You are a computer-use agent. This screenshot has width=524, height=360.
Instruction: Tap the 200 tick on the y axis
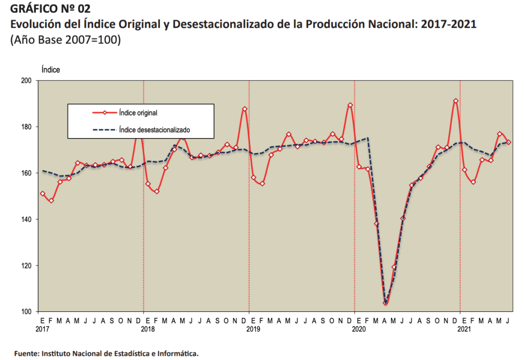[x=27, y=81]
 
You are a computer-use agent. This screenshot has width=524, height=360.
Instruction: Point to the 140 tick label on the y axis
[x=27, y=219]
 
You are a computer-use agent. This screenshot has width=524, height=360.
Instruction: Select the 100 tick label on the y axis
[x=27, y=312]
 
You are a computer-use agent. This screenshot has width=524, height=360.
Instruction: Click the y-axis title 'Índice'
[x=51, y=70]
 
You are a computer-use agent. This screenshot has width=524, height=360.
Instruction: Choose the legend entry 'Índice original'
[x=141, y=112]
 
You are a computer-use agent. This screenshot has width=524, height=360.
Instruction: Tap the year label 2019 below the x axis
[x=253, y=329]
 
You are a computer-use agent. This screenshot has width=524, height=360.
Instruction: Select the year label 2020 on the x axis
[x=359, y=329]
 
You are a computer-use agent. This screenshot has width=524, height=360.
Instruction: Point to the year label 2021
[x=464, y=329]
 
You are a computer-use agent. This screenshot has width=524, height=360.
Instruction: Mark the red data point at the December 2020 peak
[x=455, y=101]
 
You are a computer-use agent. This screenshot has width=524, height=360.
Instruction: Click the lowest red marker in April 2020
[x=385, y=303]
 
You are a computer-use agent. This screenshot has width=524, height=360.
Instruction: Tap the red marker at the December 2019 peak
[x=350, y=105]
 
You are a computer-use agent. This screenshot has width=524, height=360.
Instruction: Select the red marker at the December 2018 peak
[x=245, y=109]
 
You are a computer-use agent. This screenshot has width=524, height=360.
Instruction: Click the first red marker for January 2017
[x=42, y=194]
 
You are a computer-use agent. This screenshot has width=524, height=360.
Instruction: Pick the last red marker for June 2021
[x=509, y=142]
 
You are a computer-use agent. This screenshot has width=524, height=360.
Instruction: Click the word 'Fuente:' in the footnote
[x=26, y=353]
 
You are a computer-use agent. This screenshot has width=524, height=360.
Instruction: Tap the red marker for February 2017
[x=51, y=200]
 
